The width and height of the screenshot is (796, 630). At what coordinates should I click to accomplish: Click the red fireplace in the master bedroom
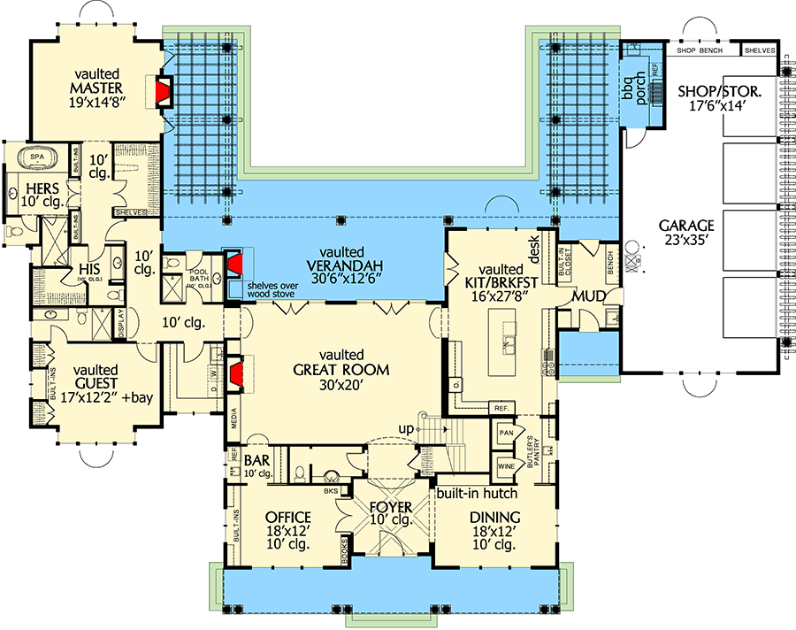[163, 91]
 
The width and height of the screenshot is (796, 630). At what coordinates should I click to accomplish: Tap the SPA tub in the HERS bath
[37, 157]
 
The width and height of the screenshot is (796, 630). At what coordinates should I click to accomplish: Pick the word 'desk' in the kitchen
[535, 253]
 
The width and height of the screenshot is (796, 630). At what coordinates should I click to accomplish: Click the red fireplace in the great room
[236, 373]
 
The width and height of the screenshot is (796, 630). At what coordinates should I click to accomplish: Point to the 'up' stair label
[406, 429]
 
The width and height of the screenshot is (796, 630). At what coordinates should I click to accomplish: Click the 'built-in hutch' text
[477, 493]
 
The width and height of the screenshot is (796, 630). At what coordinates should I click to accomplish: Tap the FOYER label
[390, 508]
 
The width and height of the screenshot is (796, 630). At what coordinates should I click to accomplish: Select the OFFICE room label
[287, 518]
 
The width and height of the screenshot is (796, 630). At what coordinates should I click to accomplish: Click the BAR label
[256, 461]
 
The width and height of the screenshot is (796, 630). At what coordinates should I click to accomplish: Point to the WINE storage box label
[506, 465]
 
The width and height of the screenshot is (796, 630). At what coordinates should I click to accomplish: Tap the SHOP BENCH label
[700, 50]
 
